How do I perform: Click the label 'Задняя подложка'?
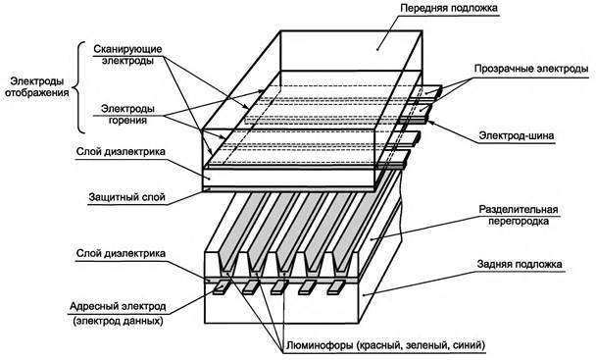(520, 263)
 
